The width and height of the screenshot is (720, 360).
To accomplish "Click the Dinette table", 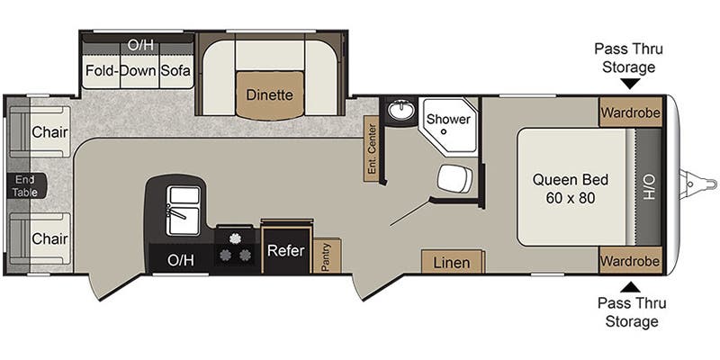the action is tap(270, 95).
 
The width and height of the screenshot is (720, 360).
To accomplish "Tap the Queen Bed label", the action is tap(571, 179).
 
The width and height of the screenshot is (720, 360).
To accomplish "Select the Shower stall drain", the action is tap(444, 131).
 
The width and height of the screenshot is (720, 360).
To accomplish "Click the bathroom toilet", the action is tap(454, 178).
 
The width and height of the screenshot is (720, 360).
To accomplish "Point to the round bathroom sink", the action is tap(400, 110).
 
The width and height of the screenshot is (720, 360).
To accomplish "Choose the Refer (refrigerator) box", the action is tap(286, 250).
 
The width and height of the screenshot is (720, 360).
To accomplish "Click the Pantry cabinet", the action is tap(327, 256).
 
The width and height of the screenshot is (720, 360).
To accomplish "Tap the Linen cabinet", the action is tap(453, 262).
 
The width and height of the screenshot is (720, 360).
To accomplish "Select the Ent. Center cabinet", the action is tap(372, 148).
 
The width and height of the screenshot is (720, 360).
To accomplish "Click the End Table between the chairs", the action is tap(26, 186).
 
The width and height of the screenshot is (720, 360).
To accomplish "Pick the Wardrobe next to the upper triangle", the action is tap(631, 112).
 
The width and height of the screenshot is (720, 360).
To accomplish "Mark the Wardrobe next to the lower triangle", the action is tap(631, 260).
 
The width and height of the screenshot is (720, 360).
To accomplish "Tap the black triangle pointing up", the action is tap(632, 287).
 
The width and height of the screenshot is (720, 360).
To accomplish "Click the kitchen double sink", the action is tap(184, 211).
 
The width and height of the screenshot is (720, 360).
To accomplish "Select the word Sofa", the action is tap(175, 71).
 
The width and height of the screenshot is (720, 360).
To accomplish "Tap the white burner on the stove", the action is tap(236, 238).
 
